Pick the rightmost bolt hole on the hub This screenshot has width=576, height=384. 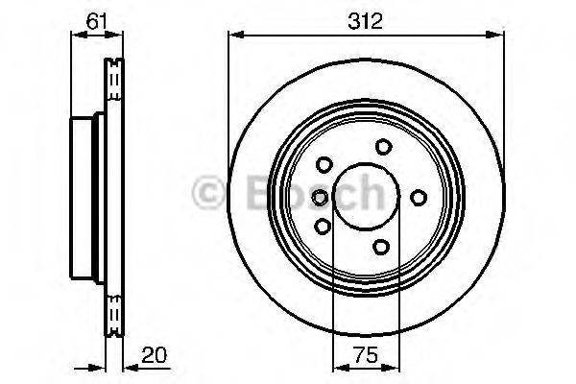click(419, 197)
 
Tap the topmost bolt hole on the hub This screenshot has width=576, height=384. click(384, 146)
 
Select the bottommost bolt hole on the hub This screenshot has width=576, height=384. click(382, 248)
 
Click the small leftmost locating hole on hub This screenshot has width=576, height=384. click(320, 197)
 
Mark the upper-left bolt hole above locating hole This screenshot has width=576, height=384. click(324, 164)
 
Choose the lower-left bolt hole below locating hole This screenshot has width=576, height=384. click(323, 228)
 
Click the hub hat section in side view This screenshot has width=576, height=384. click(84, 197)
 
